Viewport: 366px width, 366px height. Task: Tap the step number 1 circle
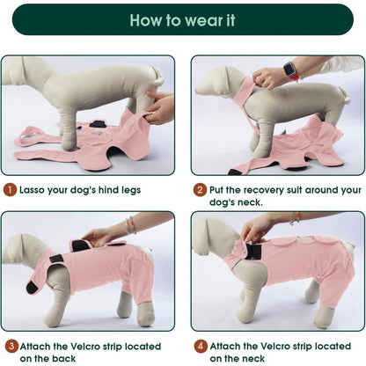(x=10, y=190)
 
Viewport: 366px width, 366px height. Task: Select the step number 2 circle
(x=200, y=190)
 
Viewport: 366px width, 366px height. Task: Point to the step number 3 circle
(x=11, y=346)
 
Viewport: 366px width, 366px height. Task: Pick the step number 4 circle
(x=201, y=346)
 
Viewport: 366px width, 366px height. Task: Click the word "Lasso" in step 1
(x=32, y=190)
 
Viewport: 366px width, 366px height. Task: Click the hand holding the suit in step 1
(x=160, y=107)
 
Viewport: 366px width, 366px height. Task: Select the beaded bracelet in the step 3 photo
(x=131, y=225)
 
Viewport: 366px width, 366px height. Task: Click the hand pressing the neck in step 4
(x=256, y=228)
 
